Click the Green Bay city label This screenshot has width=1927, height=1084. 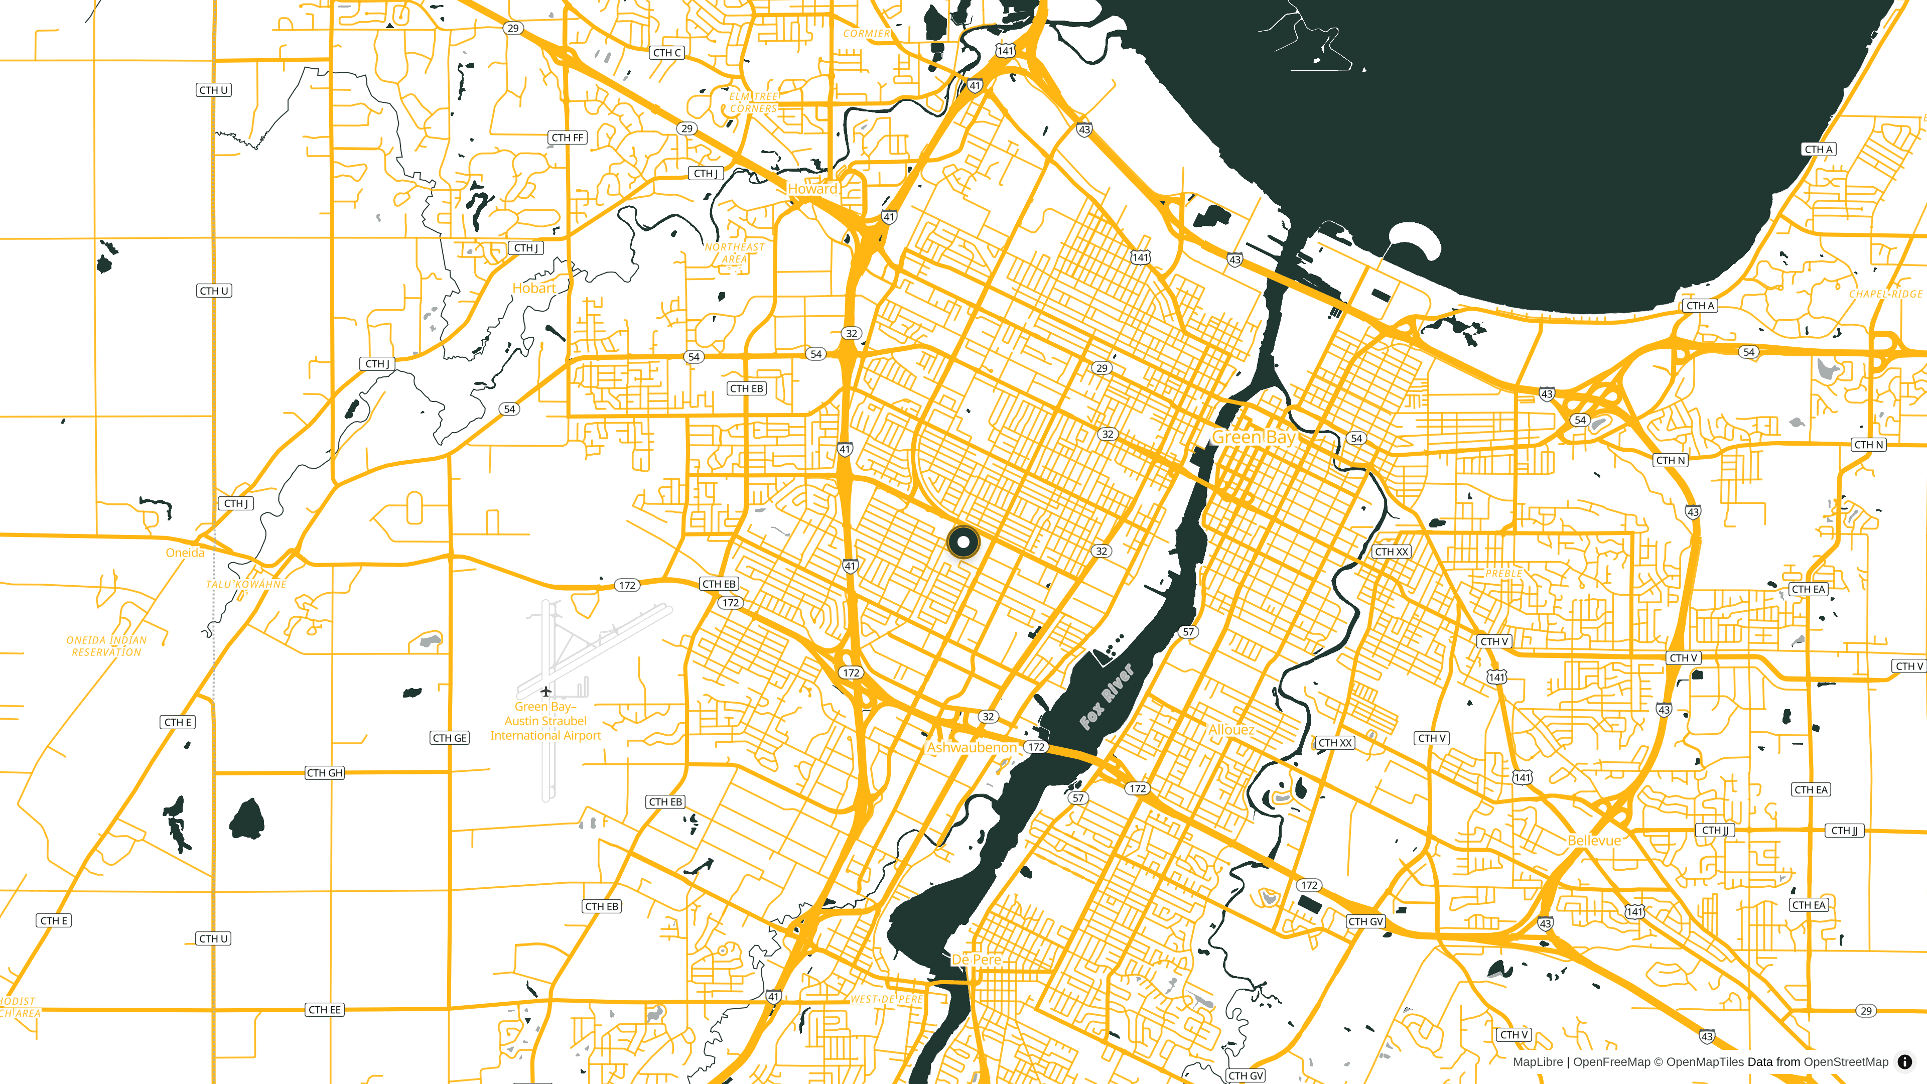(x=1254, y=437)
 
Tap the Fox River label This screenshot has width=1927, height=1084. (x=1107, y=697)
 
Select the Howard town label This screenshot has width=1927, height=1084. (x=812, y=189)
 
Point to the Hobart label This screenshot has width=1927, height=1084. (x=534, y=288)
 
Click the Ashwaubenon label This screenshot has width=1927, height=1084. (x=972, y=747)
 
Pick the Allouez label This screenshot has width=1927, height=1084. (x=1231, y=729)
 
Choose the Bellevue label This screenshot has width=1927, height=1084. (x=1594, y=840)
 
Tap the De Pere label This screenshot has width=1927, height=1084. (x=976, y=959)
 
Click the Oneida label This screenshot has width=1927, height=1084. (x=185, y=553)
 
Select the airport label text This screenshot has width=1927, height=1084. (x=545, y=721)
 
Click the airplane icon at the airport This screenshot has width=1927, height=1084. (x=546, y=691)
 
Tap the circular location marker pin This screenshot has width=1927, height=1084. (x=963, y=541)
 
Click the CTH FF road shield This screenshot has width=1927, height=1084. (x=568, y=138)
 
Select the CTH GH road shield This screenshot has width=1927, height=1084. (x=325, y=773)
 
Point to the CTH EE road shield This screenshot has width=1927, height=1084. (x=325, y=1010)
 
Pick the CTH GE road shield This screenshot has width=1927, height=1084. (x=450, y=738)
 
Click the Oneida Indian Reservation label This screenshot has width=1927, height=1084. (x=106, y=645)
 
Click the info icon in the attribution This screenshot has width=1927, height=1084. (x=1904, y=1061)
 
